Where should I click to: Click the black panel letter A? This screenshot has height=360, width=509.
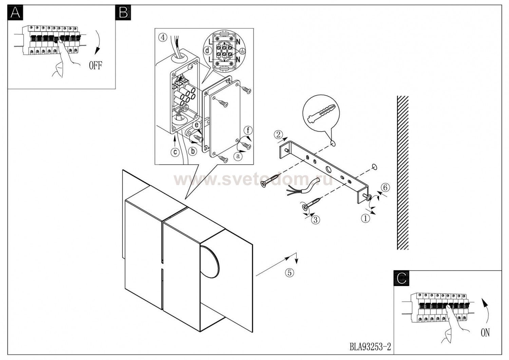(x=16, y=13)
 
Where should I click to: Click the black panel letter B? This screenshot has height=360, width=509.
(x=123, y=13)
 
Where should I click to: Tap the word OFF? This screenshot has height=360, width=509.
(x=95, y=66)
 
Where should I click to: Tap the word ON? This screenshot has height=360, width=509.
(x=485, y=333)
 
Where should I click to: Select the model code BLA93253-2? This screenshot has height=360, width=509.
(x=370, y=347)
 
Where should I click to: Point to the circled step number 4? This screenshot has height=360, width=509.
(x=163, y=37)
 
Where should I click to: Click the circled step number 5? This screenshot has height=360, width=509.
(x=289, y=272)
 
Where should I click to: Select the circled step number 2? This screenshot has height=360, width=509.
(x=278, y=135)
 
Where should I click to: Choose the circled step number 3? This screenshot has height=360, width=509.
(x=315, y=220)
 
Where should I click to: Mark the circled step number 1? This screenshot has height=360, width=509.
(x=365, y=218)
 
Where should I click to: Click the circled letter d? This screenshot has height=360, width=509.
(x=207, y=51)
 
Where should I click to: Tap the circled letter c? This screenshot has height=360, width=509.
(x=175, y=152)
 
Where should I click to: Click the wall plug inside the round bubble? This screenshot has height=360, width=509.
(x=321, y=114)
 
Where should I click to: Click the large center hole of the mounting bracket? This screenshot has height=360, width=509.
(x=329, y=169)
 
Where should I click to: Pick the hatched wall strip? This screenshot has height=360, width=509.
(x=403, y=173)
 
